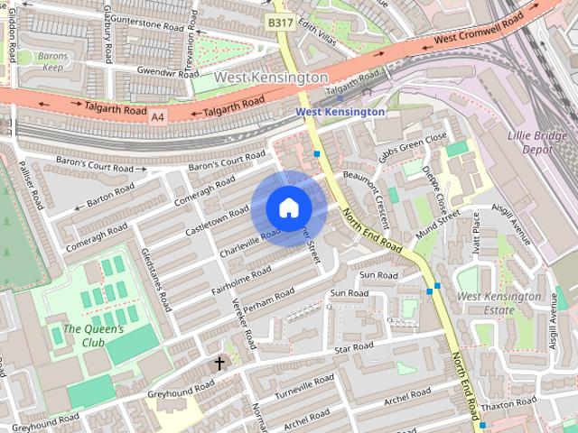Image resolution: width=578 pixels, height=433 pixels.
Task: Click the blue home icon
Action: click(288, 207)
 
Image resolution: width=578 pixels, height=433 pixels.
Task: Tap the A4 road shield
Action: click(158, 116)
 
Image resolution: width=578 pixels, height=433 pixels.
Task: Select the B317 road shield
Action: click(279, 20)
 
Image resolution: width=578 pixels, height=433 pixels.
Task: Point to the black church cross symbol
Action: click(219, 364)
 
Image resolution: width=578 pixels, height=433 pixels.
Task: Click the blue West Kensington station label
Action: click(340, 111)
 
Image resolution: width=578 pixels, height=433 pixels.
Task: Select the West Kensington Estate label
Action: click(498, 303)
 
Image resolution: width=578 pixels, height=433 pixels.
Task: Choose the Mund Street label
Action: click(438, 226)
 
